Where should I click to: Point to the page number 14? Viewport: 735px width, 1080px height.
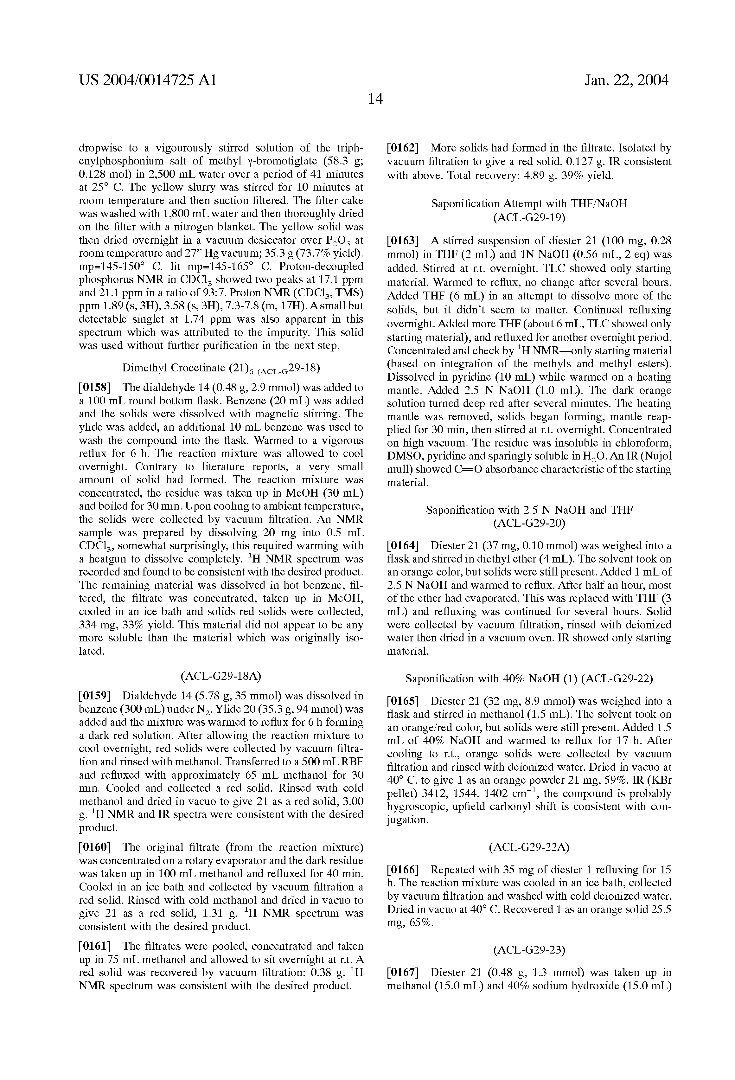click(375, 99)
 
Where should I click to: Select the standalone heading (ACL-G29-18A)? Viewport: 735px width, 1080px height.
click(221, 676)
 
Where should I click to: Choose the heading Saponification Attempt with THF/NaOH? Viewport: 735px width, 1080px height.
click(529, 204)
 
